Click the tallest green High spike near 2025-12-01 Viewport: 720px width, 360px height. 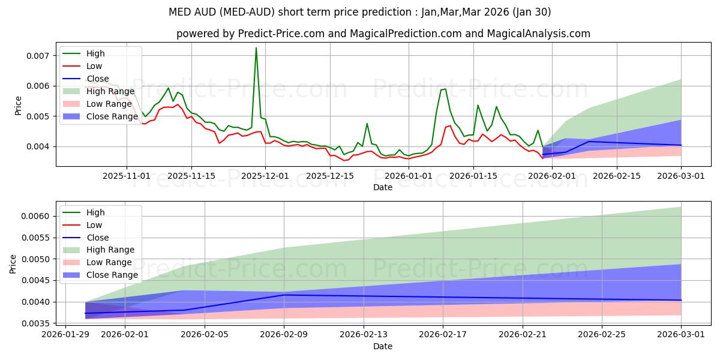coord(256,49)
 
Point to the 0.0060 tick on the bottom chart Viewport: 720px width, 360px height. coord(37,216)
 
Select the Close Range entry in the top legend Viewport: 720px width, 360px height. coord(112,116)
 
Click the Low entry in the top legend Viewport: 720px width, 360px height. coord(94,66)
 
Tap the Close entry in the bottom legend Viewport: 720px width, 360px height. coord(98,237)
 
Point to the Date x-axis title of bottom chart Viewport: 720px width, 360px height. coord(383,346)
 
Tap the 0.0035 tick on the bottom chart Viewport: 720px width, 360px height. coord(37,323)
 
